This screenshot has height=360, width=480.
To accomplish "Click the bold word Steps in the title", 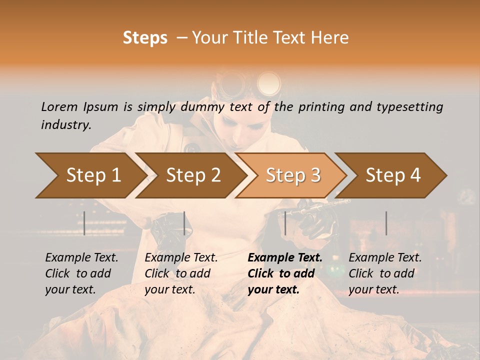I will click(145, 38).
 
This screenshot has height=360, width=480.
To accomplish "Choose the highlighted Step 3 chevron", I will click(292, 175).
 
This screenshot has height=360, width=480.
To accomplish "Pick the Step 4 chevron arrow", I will click(392, 175).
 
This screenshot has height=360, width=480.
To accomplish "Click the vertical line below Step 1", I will click(84, 223).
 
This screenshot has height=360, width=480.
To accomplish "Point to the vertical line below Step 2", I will click(184, 223).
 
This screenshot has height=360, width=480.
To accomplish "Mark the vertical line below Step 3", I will click(285, 223).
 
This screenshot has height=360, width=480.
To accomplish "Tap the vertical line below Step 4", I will click(386, 223).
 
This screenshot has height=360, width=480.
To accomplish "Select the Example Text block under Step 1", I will click(81, 273).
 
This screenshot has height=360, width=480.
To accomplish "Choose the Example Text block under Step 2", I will click(181, 273).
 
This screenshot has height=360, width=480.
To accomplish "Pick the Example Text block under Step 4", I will click(385, 273).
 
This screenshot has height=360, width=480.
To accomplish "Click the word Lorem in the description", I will click(59, 106).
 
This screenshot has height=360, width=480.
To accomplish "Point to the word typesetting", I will click(411, 107).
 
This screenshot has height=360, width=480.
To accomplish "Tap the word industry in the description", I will click(65, 125).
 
